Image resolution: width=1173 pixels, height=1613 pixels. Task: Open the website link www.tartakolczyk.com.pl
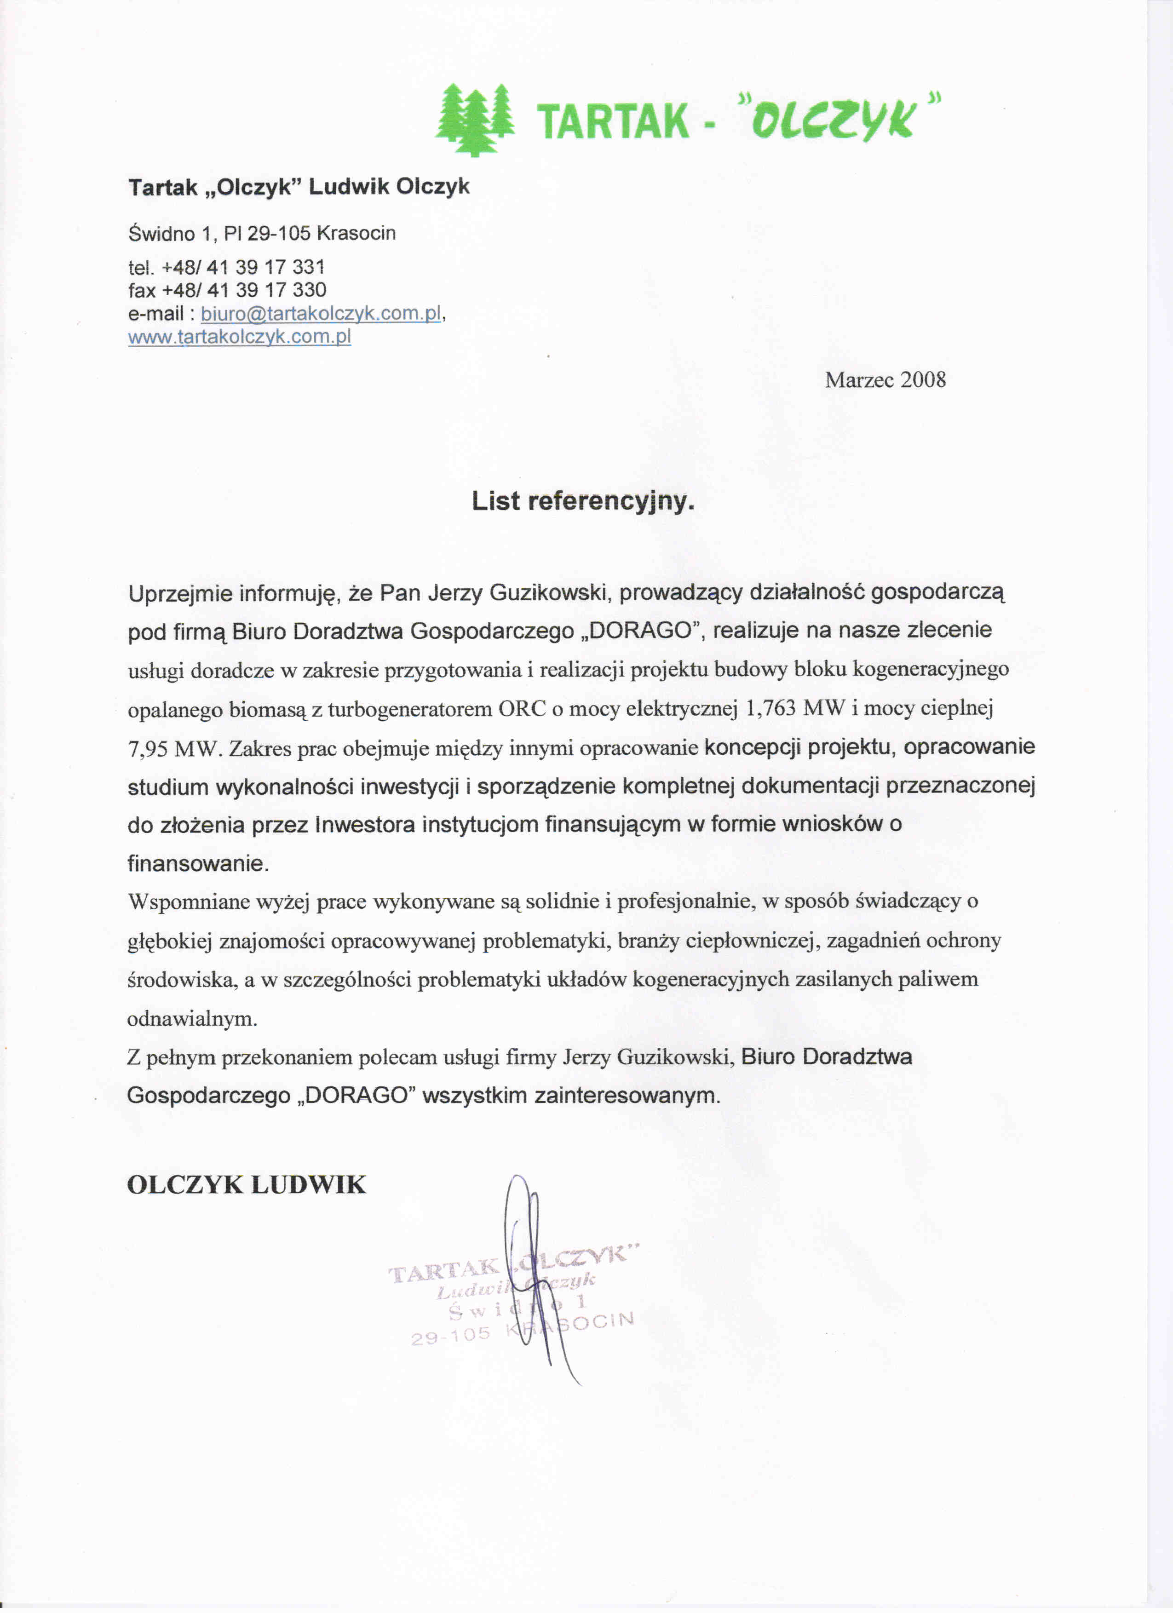[239, 336]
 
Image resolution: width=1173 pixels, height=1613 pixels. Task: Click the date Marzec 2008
[885, 380]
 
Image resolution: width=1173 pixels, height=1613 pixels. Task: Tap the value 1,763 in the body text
[770, 708]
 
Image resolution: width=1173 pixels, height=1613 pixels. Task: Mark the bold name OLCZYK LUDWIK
[246, 1185]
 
